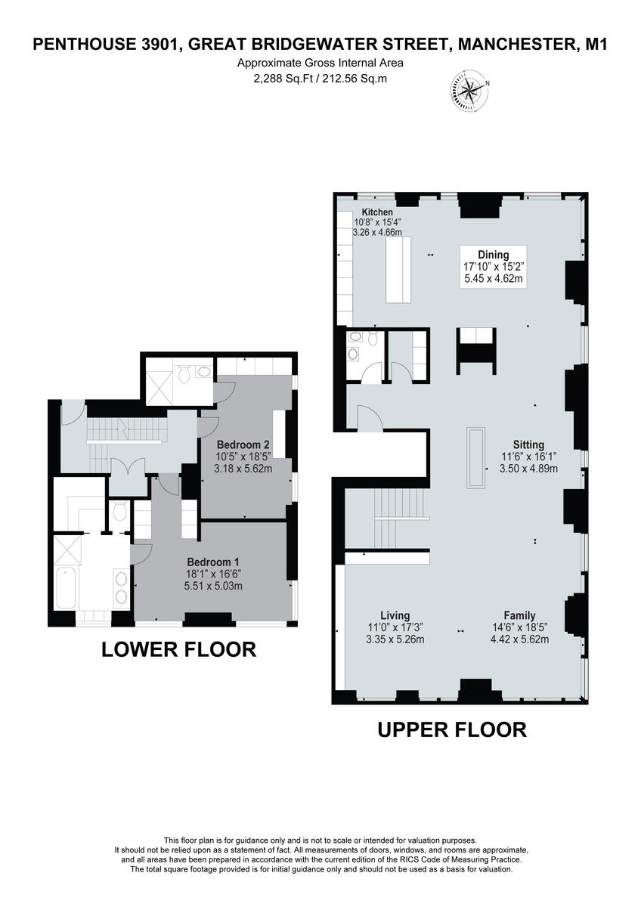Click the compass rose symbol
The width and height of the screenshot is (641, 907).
click(x=469, y=91)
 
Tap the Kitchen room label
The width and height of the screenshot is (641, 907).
click(x=377, y=212)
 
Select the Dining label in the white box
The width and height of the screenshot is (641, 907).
click(x=493, y=255)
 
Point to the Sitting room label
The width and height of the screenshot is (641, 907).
click(x=529, y=444)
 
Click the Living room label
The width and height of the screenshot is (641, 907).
click(x=395, y=615)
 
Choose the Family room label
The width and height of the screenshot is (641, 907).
click(x=519, y=615)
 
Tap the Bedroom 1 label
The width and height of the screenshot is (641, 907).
click(x=213, y=562)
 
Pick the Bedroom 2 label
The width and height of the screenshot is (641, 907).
click(x=243, y=444)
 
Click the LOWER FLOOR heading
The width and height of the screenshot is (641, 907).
click(x=178, y=649)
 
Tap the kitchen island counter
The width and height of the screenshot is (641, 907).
click(x=398, y=270)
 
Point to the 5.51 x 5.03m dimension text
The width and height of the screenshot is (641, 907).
click(x=213, y=586)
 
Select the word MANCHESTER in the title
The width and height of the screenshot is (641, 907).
click(x=516, y=45)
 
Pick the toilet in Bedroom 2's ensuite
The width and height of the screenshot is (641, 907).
click(x=184, y=373)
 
